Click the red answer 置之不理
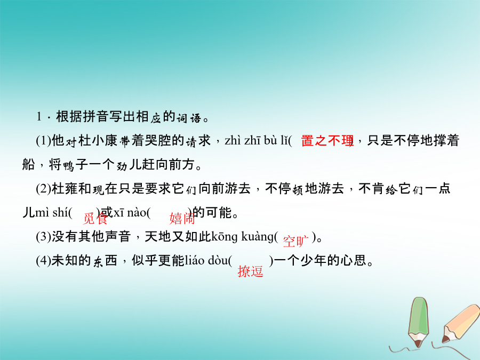pyautogui.click(x=327, y=141)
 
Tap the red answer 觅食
pyautogui.click(x=95, y=218)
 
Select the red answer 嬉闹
pyautogui.click(x=182, y=218)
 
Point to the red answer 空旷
pyautogui.click(x=295, y=241)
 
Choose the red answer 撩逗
pyautogui.click(x=251, y=271)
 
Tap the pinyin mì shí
pyautogui.click(x=51, y=212)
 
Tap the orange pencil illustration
pyautogui.click(x=461, y=323)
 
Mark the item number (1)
pyautogui.click(x=44, y=141)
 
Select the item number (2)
pyautogui.click(x=44, y=189)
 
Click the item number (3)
pyautogui.click(x=44, y=237)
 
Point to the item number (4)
pyautogui.click(x=44, y=260)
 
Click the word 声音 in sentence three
pyautogui.click(x=118, y=237)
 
